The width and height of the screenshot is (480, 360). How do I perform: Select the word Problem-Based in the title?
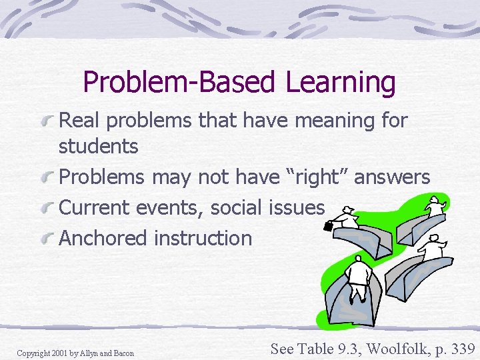point(177,83)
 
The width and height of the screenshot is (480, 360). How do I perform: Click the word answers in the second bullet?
point(393,177)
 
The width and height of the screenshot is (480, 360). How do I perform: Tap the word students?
point(98,146)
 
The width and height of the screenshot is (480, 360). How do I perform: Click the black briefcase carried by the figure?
point(329,227)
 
